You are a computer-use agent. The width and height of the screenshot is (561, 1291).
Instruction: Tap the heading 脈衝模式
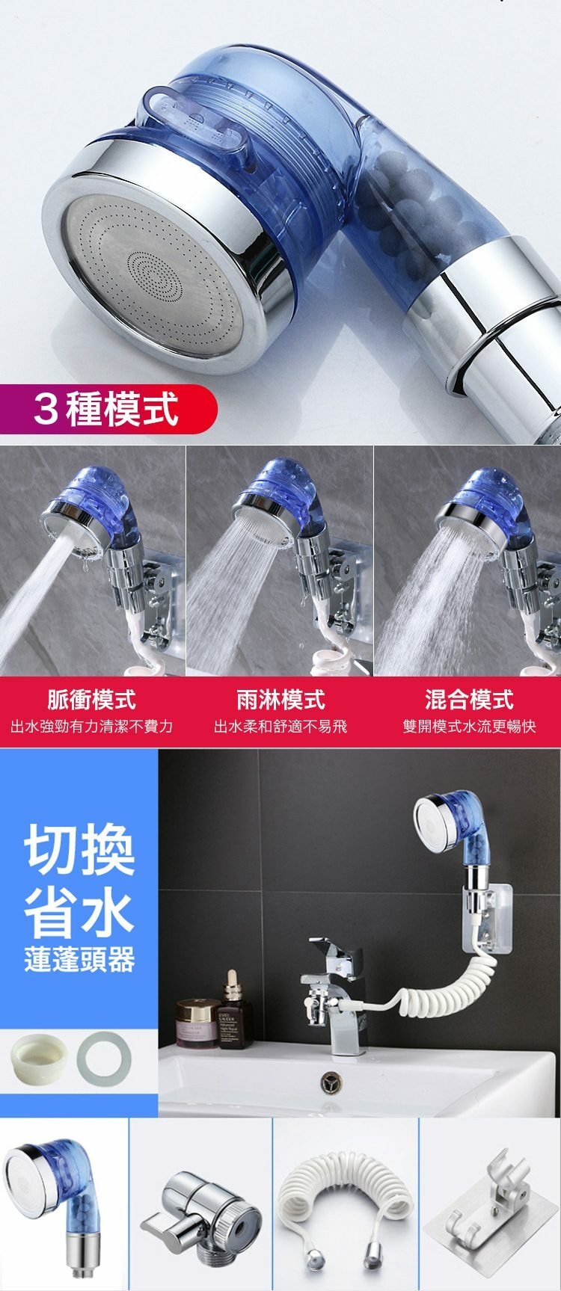[x=91, y=700]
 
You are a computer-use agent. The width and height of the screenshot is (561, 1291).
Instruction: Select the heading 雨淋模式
[x=280, y=700]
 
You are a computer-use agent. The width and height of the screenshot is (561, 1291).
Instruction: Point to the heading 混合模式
[x=469, y=700]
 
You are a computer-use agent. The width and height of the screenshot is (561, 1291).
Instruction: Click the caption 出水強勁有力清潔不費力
[x=91, y=726]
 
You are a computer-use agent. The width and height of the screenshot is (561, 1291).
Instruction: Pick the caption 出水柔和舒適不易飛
[x=280, y=726]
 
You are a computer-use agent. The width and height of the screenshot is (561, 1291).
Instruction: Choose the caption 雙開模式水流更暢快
[x=469, y=726]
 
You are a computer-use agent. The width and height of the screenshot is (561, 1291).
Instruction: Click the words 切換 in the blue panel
[x=79, y=850]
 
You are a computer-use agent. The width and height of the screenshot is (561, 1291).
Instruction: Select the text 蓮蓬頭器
[x=79, y=960]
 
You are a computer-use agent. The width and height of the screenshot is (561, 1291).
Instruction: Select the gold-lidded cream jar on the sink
[x=197, y=1023]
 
